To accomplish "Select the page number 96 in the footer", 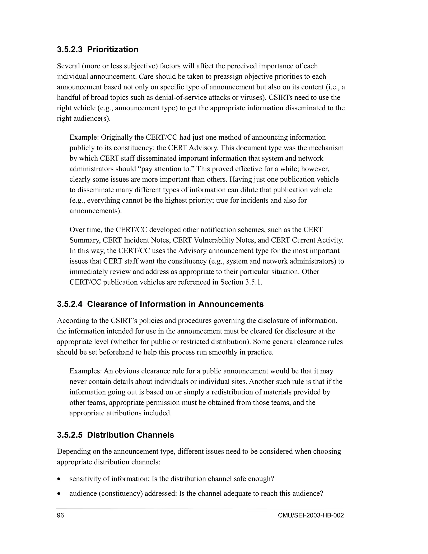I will [x=60, y=516].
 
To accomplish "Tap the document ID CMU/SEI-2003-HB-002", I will [x=311, y=516].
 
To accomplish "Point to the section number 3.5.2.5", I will [x=70, y=435].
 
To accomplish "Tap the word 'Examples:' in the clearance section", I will [x=86, y=371].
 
